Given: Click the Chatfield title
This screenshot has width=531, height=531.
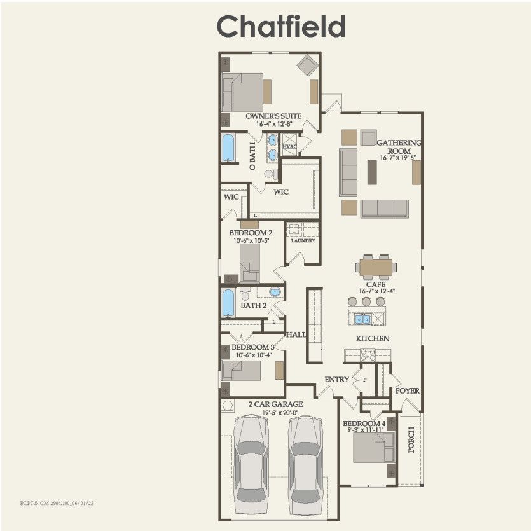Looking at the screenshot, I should tap(281, 27).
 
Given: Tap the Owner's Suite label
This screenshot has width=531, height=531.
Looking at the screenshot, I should tap(273, 116).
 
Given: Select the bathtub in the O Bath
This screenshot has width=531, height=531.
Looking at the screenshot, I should tap(228, 148).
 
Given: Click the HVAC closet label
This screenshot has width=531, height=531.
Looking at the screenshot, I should tap(289, 146).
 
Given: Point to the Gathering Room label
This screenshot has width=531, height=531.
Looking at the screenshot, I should tap(399, 146).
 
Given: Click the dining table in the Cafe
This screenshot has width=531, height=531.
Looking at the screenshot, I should tap(376, 266).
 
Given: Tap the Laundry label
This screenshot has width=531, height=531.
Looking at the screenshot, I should tap(303, 241).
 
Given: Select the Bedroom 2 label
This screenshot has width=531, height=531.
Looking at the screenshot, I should tap(251, 233).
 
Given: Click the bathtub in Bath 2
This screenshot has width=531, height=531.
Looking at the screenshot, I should tap(228, 303).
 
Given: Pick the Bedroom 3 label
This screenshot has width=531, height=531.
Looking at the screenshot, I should tap(252, 347).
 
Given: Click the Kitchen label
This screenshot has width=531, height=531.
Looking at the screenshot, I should tap(372, 338).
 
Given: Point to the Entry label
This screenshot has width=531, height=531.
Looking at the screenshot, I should tap(336, 380).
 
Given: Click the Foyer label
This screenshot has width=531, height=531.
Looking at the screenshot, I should tap(407, 390).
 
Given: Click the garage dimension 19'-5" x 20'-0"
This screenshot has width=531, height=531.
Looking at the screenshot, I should tap(275, 412).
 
